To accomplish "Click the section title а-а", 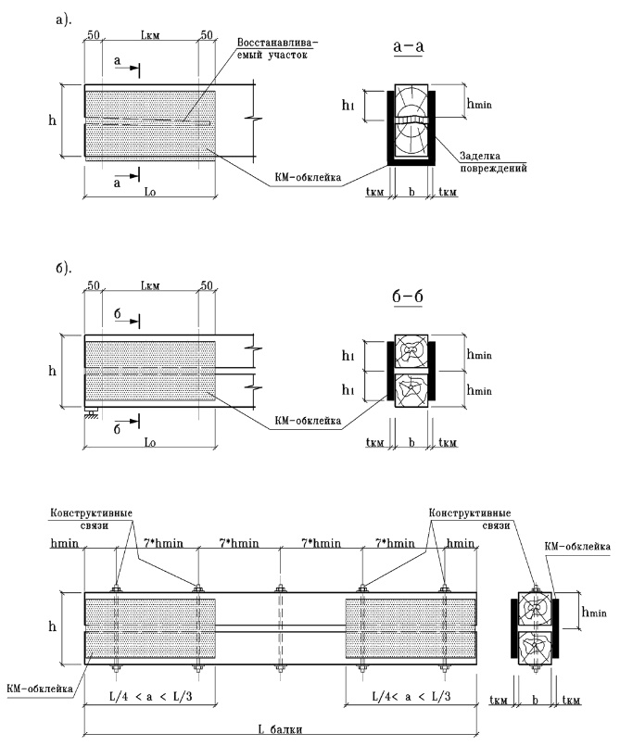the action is [409, 46].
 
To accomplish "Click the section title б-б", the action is [408, 296].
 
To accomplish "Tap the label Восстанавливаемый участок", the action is [277, 48].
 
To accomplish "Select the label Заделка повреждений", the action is [493, 162].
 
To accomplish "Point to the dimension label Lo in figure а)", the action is [149, 192].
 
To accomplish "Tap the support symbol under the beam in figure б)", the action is [92, 412].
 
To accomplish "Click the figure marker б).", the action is [63, 269].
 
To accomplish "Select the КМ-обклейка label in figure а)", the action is [308, 177].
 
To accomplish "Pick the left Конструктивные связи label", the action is [92, 519].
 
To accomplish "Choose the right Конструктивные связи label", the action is [470, 519].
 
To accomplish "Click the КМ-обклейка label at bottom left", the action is [40, 689].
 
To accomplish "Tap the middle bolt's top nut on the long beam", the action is [280, 589].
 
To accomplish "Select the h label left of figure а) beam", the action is [52, 120].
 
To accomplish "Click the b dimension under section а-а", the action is [411, 191].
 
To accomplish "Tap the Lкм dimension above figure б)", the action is [150, 286].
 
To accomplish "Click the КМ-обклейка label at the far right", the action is [577, 546].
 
